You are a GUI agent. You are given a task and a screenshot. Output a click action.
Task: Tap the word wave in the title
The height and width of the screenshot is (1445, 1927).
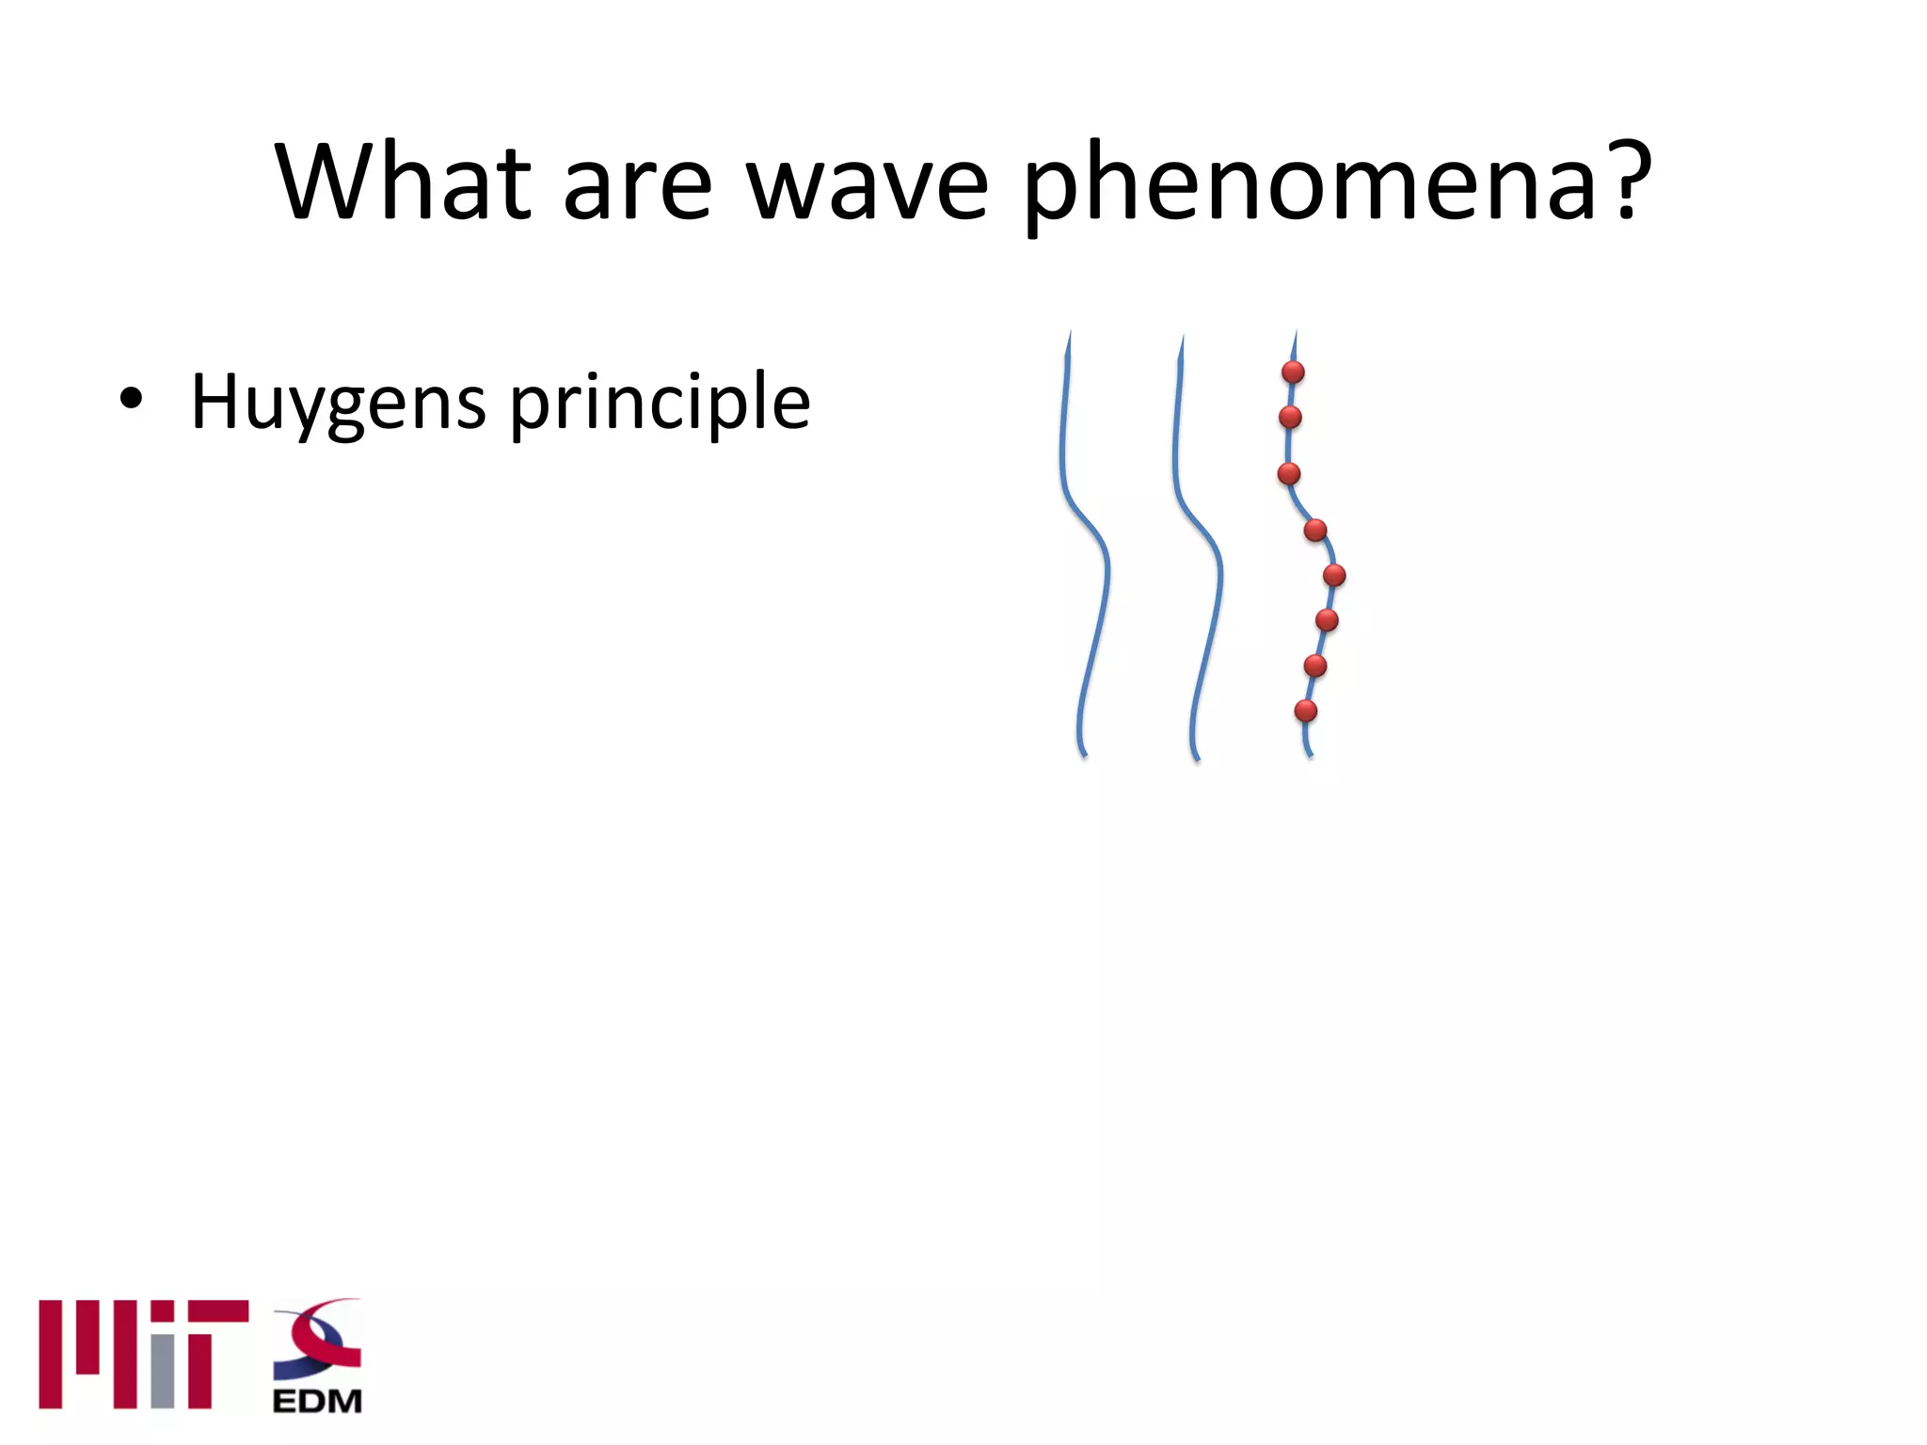(867, 184)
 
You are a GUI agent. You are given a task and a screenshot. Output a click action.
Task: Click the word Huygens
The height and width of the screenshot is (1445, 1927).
(338, 403)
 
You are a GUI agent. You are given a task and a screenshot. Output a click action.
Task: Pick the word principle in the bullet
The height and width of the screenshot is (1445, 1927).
(660, 403)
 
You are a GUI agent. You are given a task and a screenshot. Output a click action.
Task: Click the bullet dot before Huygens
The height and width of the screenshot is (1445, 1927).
(131, 399)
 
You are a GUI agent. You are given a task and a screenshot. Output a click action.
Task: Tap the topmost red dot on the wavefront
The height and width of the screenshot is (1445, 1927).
(1293, 373)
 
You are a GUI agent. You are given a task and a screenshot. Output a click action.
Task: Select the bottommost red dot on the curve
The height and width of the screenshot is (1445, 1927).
(1305, 711)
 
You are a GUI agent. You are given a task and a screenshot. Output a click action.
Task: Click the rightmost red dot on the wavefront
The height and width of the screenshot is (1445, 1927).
(1334, 575)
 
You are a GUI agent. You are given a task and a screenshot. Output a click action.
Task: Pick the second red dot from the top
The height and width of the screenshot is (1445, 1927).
(1290, 417)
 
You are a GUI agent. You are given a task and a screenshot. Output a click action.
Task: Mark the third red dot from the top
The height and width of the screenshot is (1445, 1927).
(1289, 473)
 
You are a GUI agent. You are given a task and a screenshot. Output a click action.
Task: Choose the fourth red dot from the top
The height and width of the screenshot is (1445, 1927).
(1315, 531)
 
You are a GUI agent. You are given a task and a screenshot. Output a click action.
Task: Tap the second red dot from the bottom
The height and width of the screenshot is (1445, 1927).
(1315, 666)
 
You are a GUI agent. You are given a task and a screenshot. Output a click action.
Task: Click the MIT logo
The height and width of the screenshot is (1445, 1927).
(143, 1354)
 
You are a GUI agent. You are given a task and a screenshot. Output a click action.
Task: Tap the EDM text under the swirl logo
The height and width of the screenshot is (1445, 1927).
(317, 1401)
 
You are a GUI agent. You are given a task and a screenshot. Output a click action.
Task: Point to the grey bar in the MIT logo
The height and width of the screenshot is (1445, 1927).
(163, 1371)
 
